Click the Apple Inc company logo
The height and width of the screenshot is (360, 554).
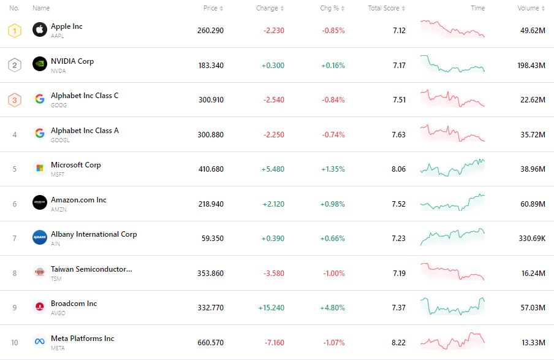[x=40, y=30]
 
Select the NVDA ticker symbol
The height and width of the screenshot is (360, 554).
[x=59, y=71]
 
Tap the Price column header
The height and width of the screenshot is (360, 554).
[x=210, y=9]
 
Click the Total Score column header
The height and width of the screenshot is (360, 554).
[x=384, y=9]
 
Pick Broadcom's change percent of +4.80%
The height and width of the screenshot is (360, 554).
[x=332, y=307]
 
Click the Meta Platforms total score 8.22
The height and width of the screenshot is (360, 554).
[x=398, y=342]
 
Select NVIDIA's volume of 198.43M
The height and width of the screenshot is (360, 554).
[x=531, y=65]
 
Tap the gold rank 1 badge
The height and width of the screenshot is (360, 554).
[x=15, y=30]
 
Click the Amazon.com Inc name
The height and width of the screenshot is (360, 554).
[x=78, y=200]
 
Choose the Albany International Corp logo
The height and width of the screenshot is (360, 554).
[x=40, y=238]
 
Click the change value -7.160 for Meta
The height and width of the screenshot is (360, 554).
[x=271, y=342]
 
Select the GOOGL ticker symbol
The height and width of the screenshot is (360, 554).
[x=60, y=140]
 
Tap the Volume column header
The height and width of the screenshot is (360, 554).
[x=528, y=9]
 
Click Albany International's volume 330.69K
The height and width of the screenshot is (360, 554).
[x=532, y=238]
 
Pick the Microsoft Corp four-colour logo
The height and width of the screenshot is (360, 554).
[x=40, y=169]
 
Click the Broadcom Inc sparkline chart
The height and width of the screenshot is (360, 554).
[x=452, y=306]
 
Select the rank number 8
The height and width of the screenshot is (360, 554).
[x=15, y=273]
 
